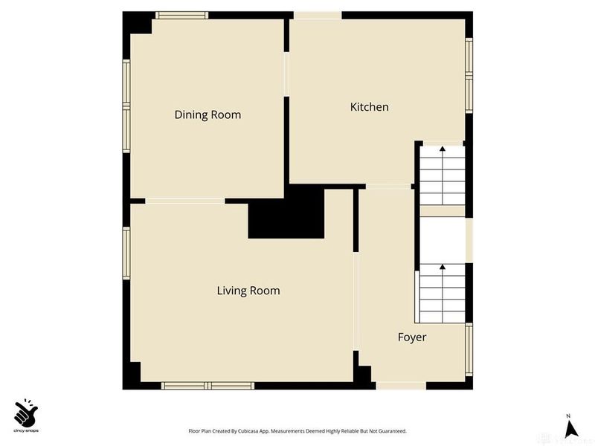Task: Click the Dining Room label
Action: (x=208, y=114)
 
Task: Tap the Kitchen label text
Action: (x=369, y=107)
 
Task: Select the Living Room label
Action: (x=248, y=291)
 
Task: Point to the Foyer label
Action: (x=412, y=337)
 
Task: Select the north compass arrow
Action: (x=571, y=428)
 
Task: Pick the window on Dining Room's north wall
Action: (x=181, y=14)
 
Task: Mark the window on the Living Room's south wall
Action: (x=208, y=386)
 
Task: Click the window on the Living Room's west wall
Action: (x=126, y=253)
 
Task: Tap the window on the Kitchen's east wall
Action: (x=469, y=74)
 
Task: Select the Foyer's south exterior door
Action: (x=401, y=386)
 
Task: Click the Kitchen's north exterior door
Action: (x=318, y=15)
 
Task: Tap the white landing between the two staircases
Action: (x=443, y=240)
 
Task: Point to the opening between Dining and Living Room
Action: (x=185, y=200)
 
